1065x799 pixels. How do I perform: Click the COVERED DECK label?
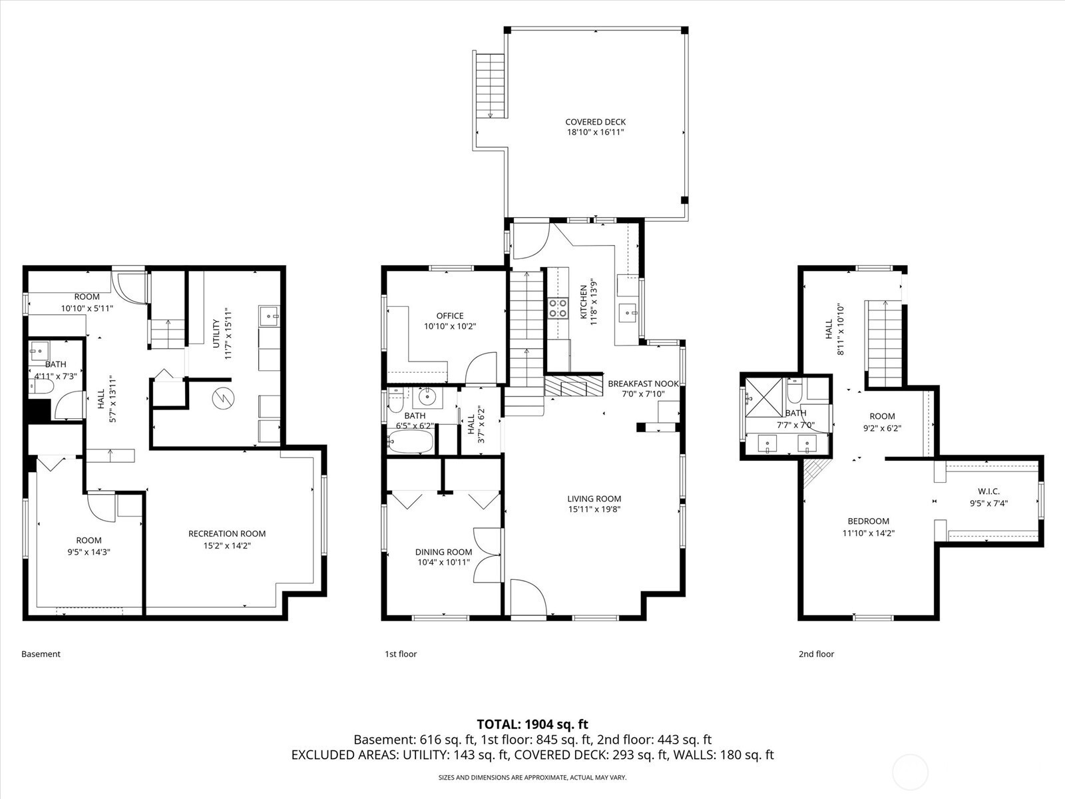click(x=595, y=123)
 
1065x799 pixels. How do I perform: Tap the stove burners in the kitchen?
click(x=558, y=308)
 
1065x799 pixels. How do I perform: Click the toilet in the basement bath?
click(x=42, y=387)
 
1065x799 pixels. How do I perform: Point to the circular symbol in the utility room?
click(x=223, y=398)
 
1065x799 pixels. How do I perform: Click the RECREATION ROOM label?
click(x=227, y=533)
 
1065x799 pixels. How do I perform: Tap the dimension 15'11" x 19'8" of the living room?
click(x=594, y=509)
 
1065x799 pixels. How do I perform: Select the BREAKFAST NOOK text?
click(x=644, y=384)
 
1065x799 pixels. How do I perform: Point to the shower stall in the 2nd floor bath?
click(x=764, y=398)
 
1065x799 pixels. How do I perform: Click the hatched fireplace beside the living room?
click(x=573, y=386)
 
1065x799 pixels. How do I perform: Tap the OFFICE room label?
click(x=450, y=316)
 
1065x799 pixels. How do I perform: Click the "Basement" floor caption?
click(x=41, y=654)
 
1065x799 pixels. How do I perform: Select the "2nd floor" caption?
click(x=817, y=654)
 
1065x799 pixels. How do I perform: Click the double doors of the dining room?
click(x=487, y=555)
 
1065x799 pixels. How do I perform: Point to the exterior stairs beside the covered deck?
click(x=490, y=86)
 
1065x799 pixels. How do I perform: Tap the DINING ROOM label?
click(x=443, y=551)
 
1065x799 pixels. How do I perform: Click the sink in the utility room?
click(x=270, y=316)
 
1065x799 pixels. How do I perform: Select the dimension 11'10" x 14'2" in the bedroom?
click(x=869, y=533)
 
